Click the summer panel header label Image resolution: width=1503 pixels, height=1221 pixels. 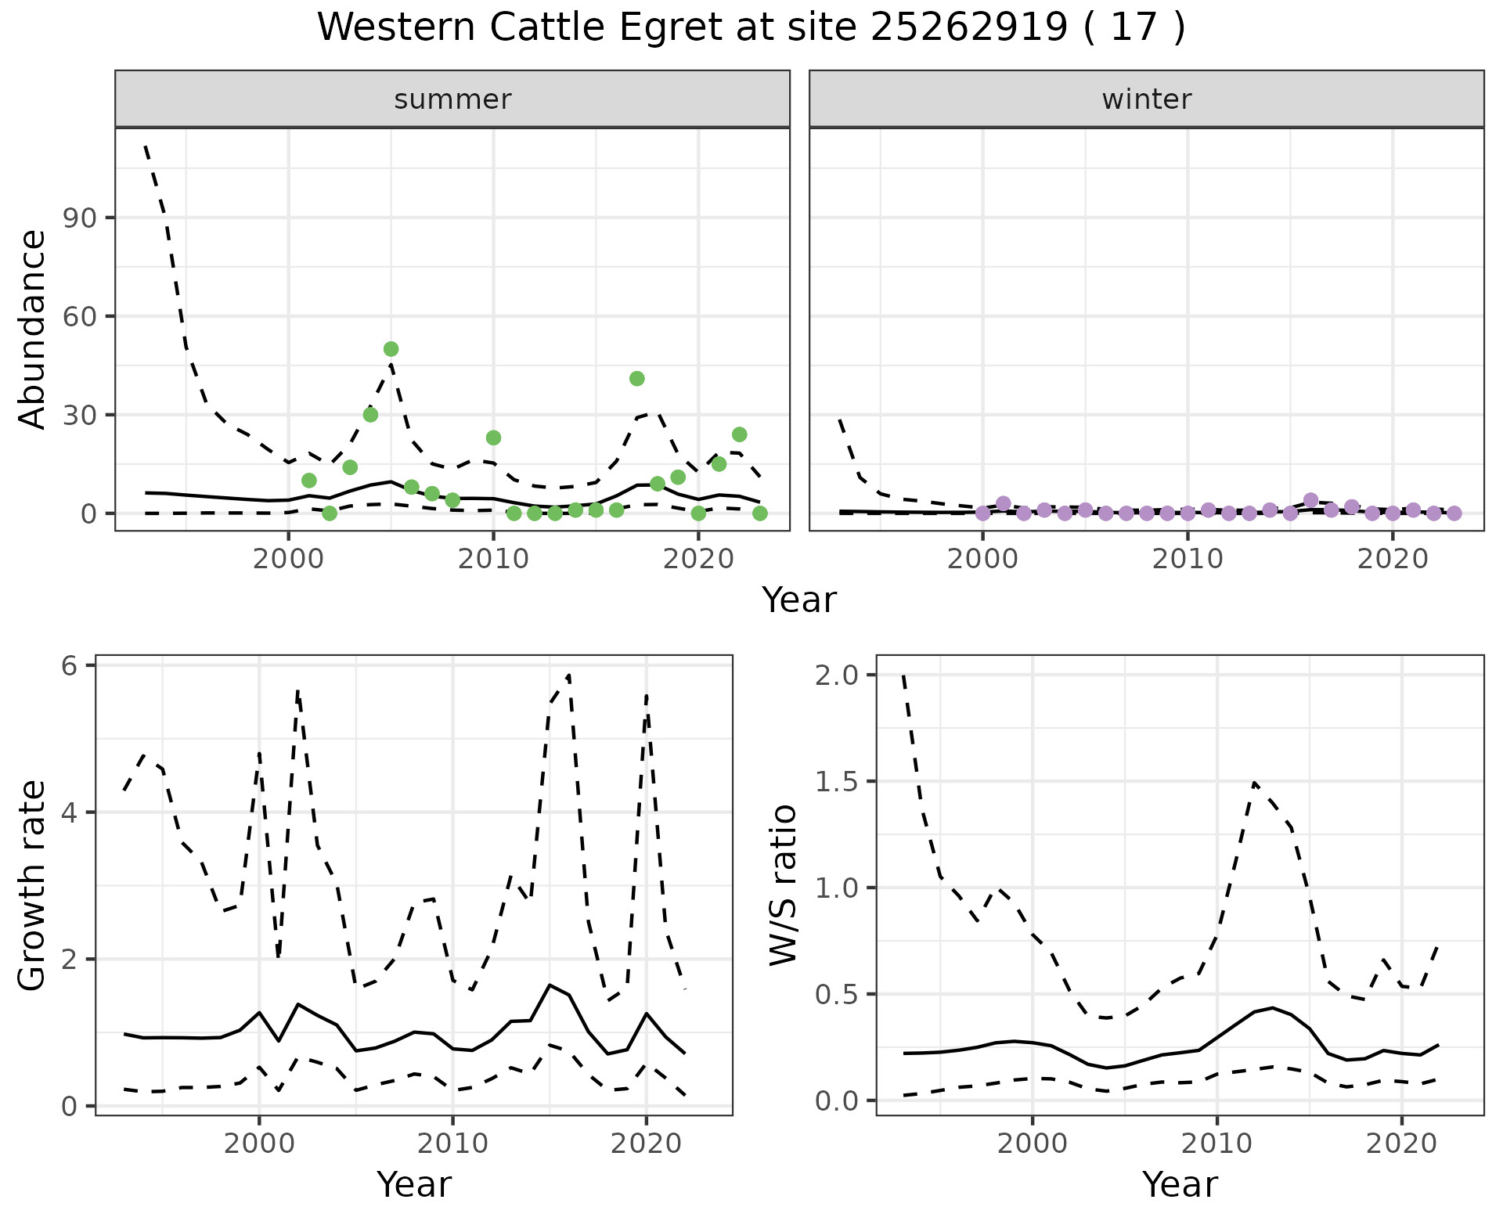[452, 99]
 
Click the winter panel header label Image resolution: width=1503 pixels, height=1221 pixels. [1146, 99]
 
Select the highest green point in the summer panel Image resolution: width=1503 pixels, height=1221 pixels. [391, 349]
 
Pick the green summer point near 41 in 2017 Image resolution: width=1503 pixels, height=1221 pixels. [637, 379]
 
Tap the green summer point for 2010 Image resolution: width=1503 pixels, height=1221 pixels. [493, 438]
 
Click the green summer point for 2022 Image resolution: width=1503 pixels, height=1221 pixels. [740, 434]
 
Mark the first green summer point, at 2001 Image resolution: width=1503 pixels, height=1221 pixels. [309, 481]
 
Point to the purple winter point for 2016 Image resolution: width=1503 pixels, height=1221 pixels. [1311, 501]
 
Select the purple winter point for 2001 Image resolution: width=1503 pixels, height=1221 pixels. [1004, 504]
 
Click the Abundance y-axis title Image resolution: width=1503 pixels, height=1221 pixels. [33, 330]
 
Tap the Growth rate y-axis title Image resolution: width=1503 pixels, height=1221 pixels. [33, 885]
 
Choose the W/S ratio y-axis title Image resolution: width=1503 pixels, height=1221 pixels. [783, 885]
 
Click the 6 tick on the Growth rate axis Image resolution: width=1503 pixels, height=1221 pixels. [70, 666]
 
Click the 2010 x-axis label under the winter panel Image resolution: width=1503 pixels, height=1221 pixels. [1188, 560]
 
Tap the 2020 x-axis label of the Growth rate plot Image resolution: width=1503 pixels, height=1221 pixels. [646, 1144]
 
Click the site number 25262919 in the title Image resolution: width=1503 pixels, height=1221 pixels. [969, 28]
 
